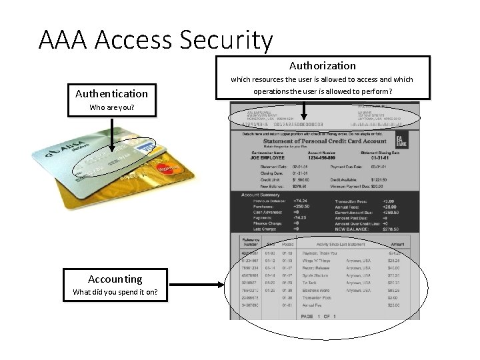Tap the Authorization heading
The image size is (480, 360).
[322, 65]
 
